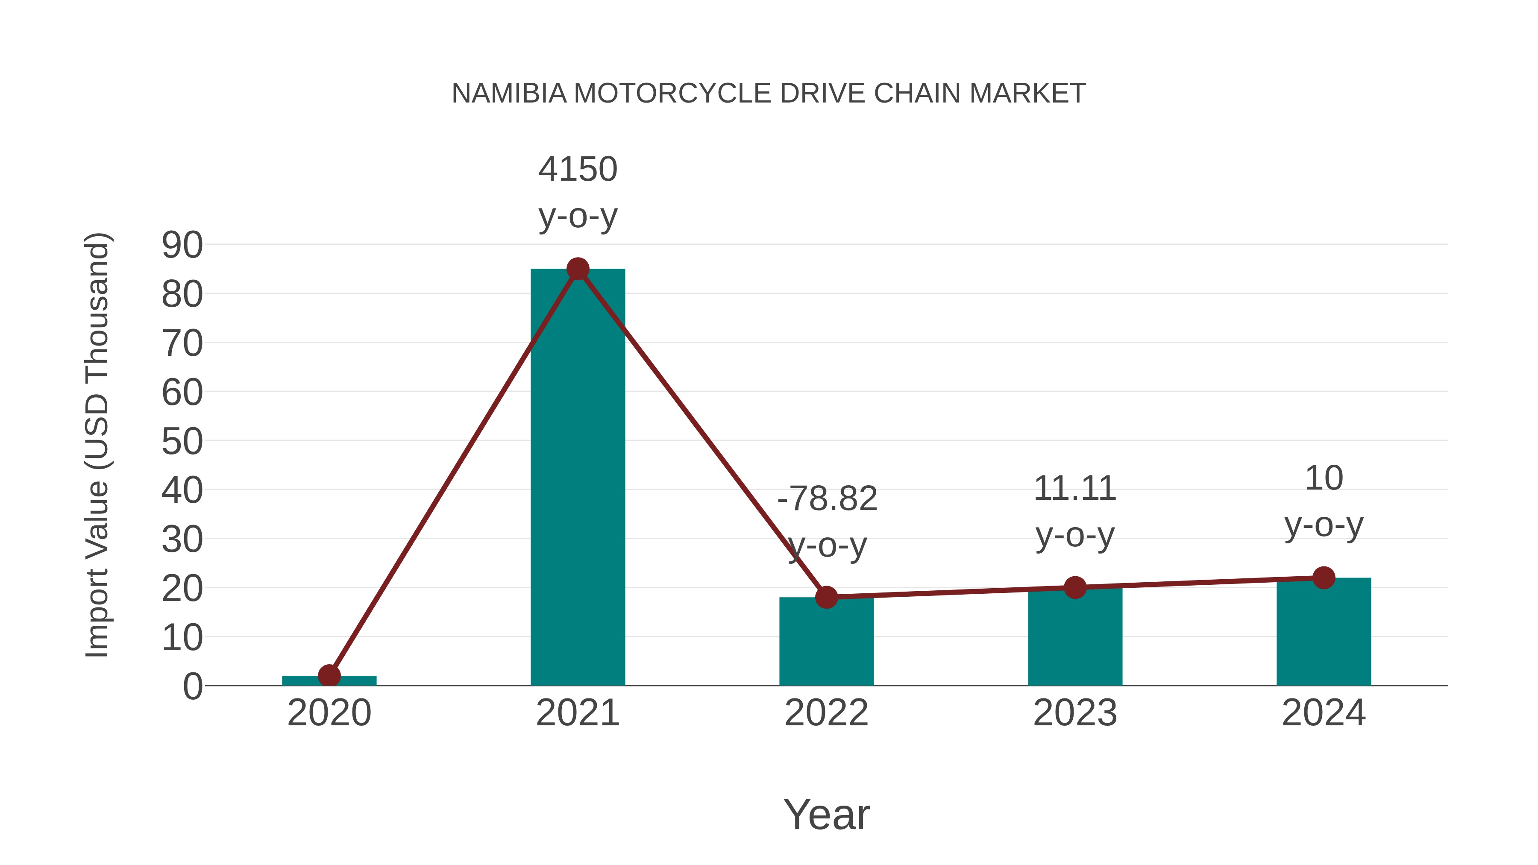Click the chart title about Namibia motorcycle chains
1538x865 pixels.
(769, 94)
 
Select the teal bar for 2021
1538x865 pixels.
(577, 478)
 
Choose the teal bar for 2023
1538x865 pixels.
(1075, 639)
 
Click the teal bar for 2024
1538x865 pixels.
(1324, 633)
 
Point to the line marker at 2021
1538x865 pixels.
(577, 269)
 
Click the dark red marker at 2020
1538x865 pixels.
(329, 676)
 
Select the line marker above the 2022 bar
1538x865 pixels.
(826, 597)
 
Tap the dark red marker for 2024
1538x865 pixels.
(1324, 578)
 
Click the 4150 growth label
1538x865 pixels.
(577, 170)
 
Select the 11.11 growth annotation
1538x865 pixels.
(1075, 489)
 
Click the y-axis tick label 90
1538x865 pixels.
(182, 245)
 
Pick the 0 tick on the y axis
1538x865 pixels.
(192, 686)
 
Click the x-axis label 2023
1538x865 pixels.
(1075, 713)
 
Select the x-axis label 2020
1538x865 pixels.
(329, 713)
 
